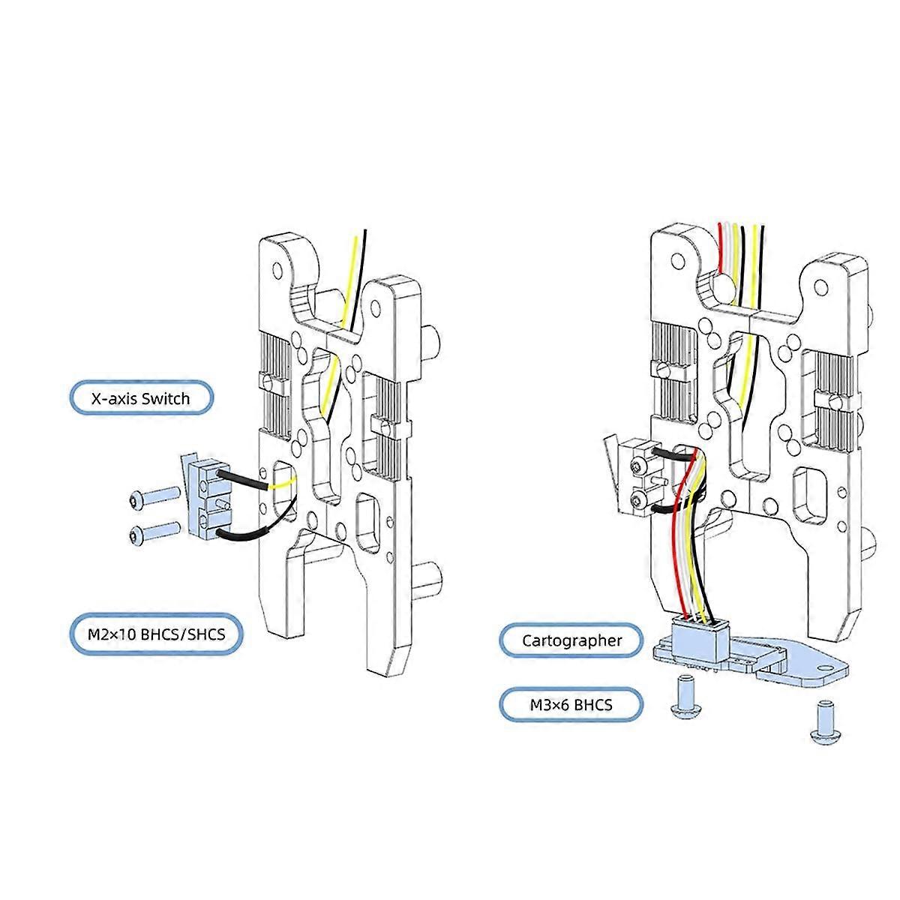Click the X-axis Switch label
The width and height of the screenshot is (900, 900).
(140, 398)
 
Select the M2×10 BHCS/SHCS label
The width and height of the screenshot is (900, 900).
(156, 634)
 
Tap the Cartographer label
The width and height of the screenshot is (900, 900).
(571, 641)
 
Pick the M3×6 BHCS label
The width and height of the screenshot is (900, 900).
(571, 705)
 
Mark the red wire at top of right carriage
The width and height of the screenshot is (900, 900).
(721, 247)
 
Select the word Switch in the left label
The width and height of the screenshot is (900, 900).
(166, 398)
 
